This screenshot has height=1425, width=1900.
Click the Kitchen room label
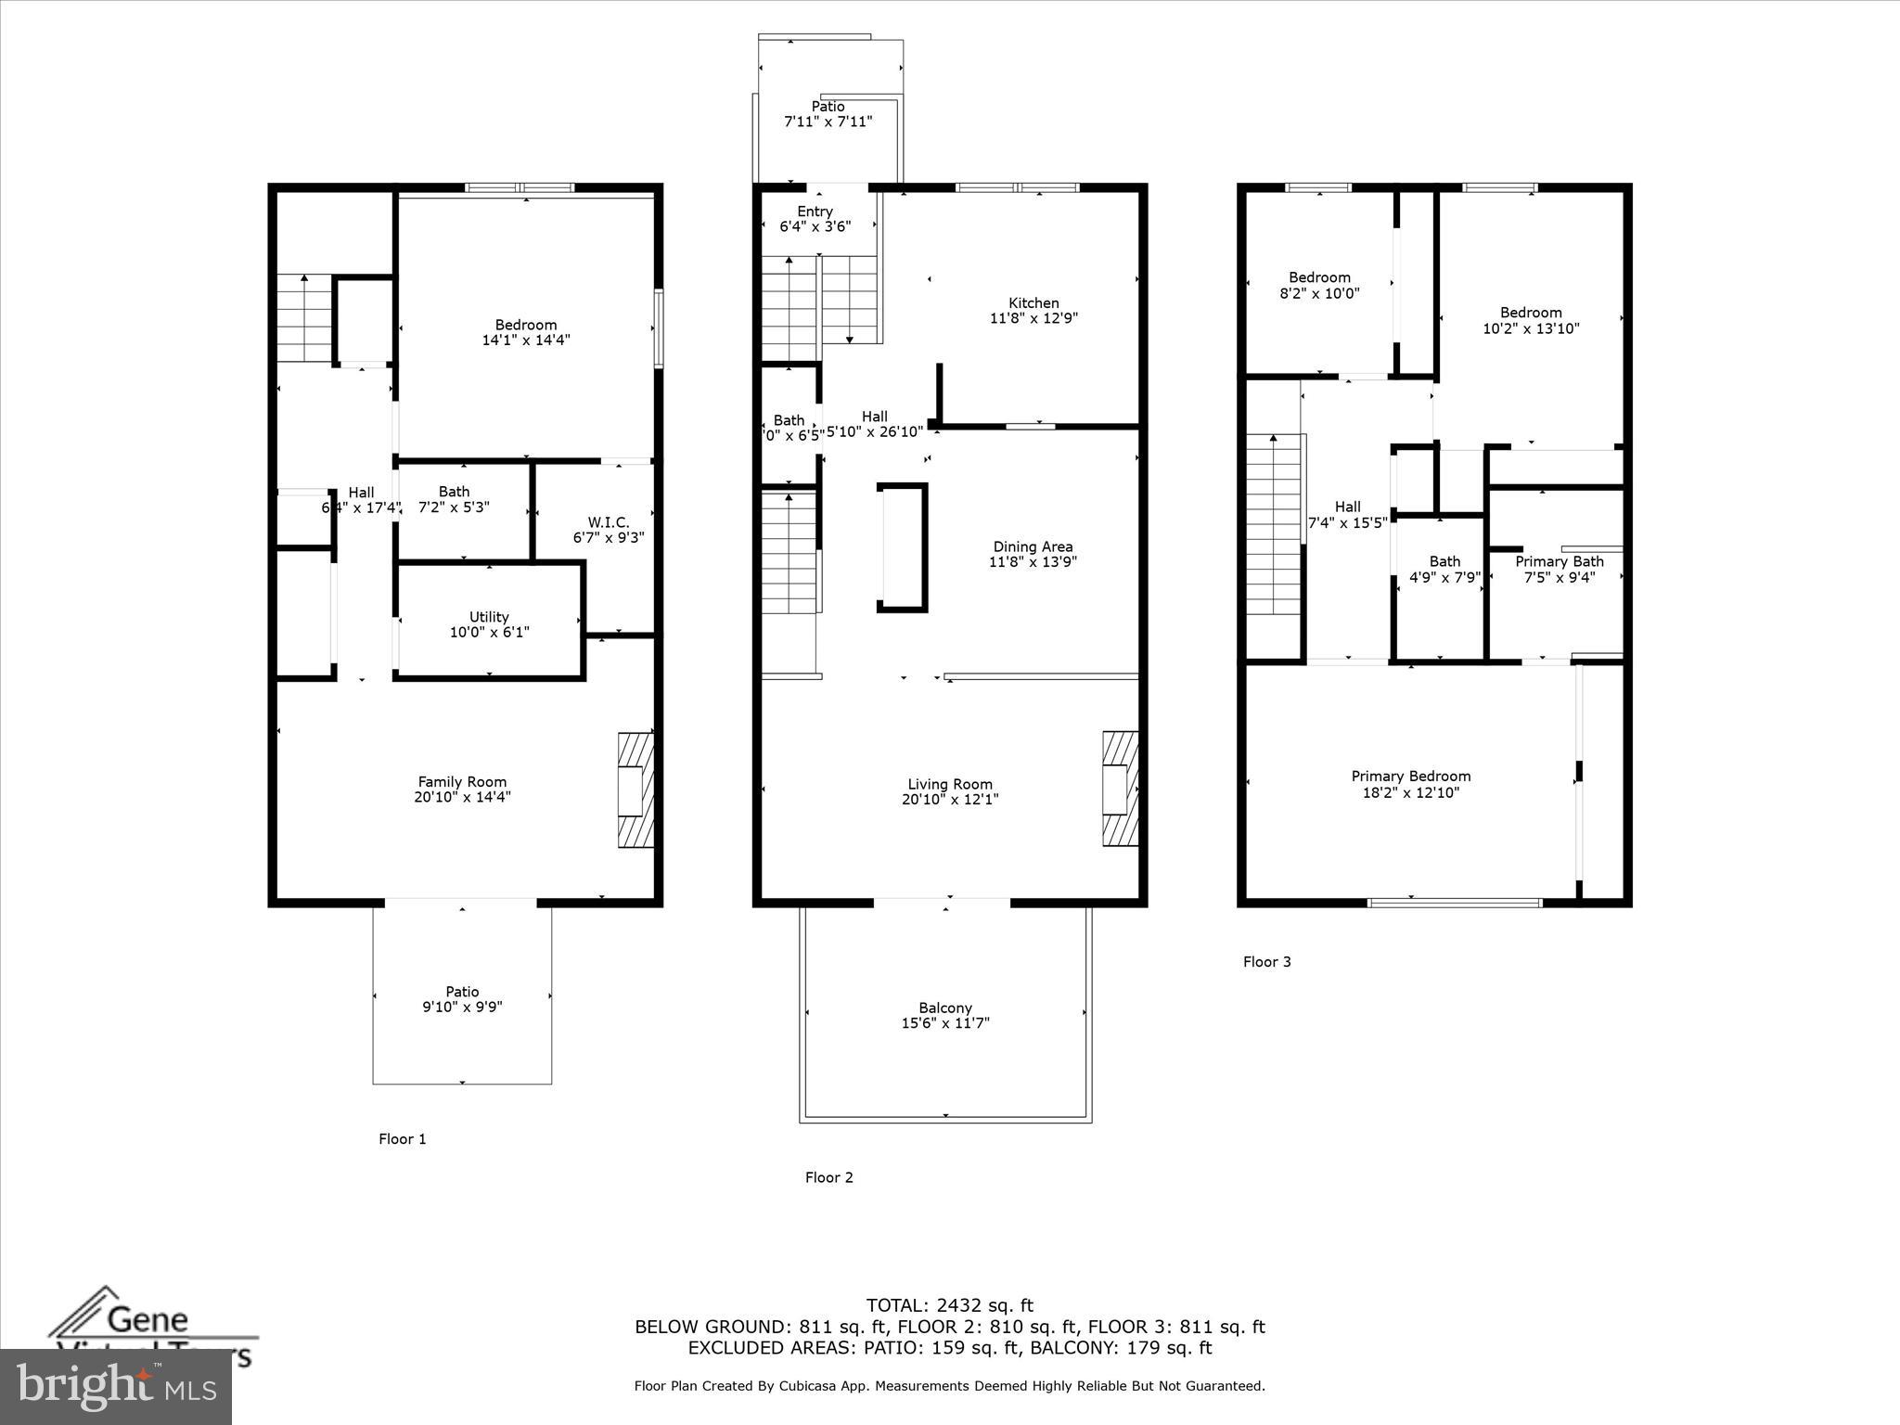coord(1033,303)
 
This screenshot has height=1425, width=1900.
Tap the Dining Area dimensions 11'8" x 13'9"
coord(1033,562)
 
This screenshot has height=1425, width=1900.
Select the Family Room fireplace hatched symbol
coord(635,790)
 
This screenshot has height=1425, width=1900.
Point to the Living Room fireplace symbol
coord(1120,789)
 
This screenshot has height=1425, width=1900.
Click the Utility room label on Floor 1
coord(489,617)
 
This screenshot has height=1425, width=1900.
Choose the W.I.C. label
coord(608,523)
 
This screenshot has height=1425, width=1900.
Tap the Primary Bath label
coord(1559,561)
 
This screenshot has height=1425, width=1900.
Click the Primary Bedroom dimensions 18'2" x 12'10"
coord(1410,792)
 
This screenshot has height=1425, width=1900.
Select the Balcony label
coord(944,1008)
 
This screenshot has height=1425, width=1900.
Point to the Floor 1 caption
coord(402,1138)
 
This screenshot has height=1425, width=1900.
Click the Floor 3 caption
coord(1266,961)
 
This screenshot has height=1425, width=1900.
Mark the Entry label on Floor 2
coord(815,212)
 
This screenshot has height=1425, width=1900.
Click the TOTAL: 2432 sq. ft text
coord(949,1305)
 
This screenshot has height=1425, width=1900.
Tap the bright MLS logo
coord(116,1387)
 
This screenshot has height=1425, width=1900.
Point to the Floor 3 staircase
coord(1273,524)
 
